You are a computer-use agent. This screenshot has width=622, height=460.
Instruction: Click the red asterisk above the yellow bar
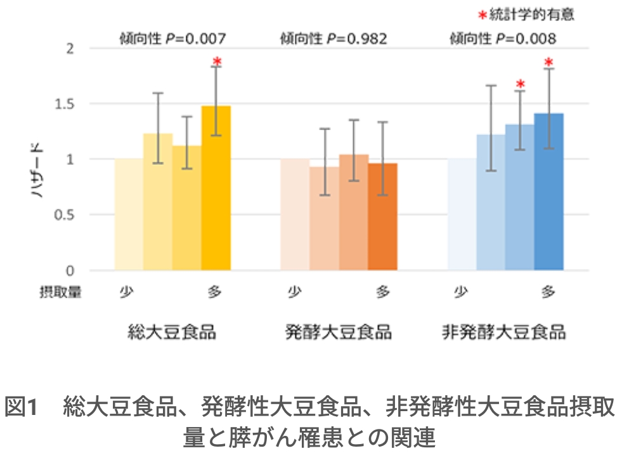[217, 62]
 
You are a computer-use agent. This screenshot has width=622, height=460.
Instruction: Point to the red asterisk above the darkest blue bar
[549, 62]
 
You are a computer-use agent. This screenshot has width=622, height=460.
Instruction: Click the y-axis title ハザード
[38, 168]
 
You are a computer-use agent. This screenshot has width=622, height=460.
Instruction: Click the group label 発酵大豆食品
[338, 332]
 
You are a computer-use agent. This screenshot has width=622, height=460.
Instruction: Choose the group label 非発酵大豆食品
[504, 332]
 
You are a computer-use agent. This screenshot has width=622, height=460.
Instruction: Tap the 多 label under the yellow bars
[216, 292]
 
